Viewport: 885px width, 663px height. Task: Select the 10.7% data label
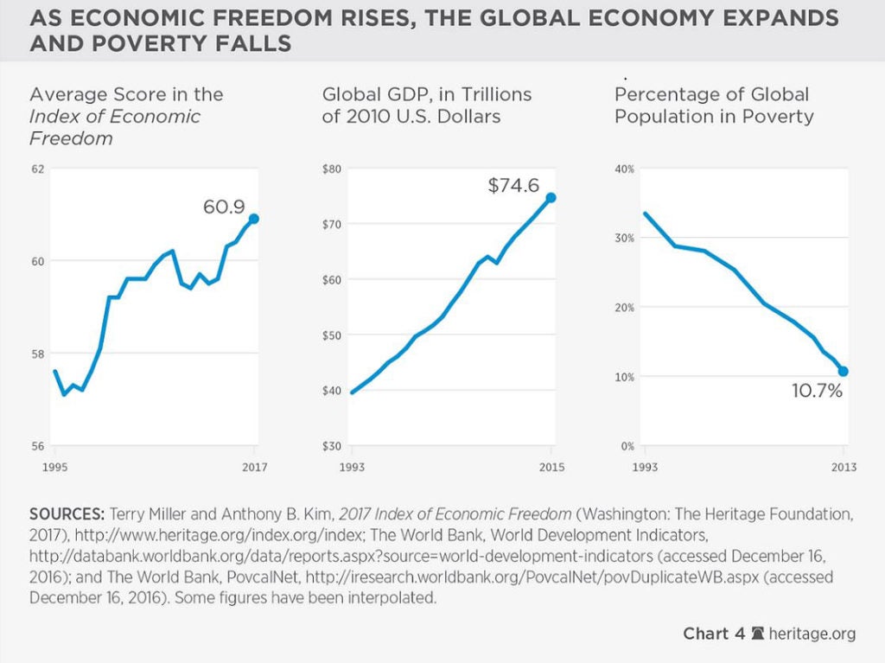818,392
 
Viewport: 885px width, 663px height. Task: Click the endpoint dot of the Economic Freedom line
253,219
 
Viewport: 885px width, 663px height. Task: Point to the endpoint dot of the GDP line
551,198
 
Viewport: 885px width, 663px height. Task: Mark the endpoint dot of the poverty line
844,371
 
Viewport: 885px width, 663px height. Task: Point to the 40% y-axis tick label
624,169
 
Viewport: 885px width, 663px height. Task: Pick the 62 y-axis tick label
36,169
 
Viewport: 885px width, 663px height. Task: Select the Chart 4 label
714,634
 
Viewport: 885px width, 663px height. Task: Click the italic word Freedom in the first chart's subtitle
71,138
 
